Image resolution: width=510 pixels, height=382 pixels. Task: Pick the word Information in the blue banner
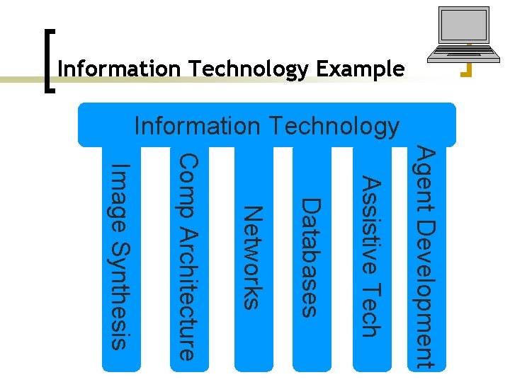(x=198, y=126)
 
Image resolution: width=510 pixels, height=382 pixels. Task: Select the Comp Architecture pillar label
(x=187, y=256)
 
